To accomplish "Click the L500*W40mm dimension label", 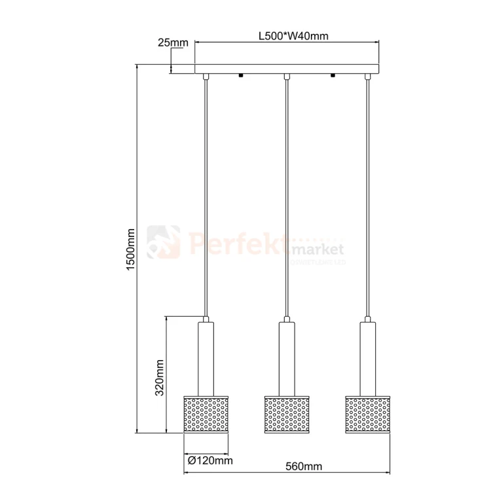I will pos(289,35).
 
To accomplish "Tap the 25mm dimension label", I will pos(173,43).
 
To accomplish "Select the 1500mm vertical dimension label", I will pos(130,249).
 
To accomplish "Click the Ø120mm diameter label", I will pos(209,461).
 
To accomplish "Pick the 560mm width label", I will pos(304,466).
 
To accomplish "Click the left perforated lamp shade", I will pos(206,414).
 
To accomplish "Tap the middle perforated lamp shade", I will pos(287,414).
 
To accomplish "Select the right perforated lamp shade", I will pos(367,414).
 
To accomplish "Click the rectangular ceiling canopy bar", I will pos(287,69).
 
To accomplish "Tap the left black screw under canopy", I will pos(242,76).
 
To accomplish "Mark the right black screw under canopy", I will pos(333,76).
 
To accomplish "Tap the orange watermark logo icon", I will pos(164,242).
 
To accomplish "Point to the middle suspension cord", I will pos(287,196).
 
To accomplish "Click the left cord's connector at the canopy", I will pos(206,78).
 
